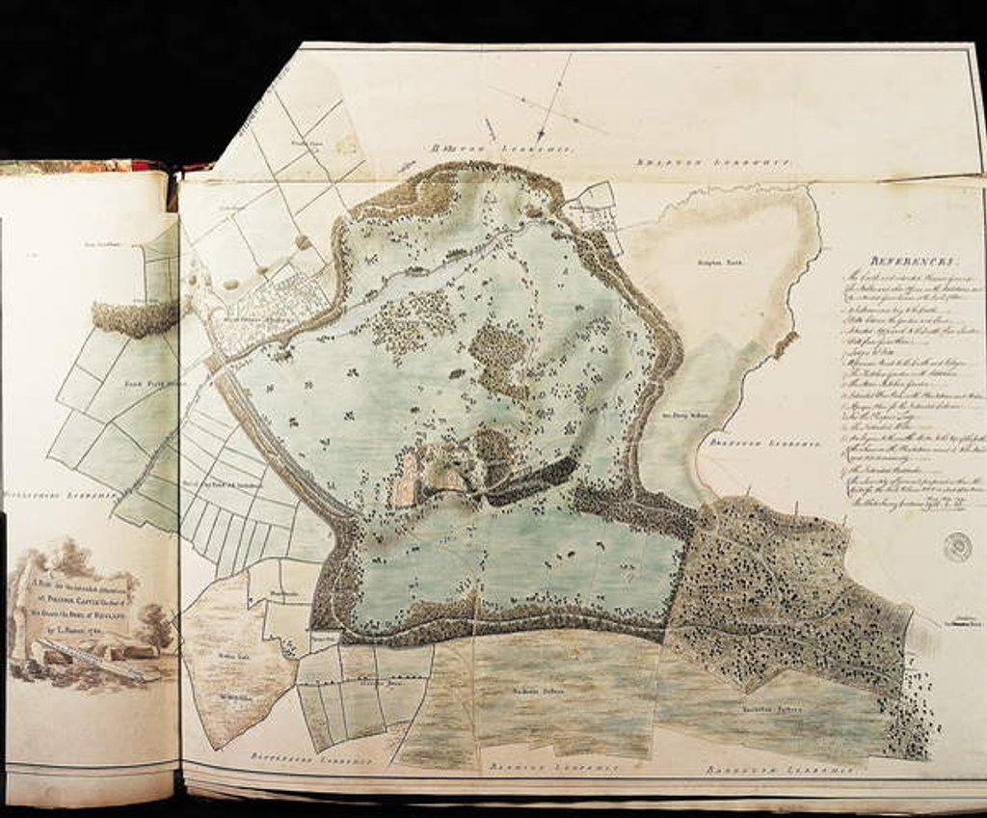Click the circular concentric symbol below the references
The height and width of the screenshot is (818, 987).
(x=957, y=547)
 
